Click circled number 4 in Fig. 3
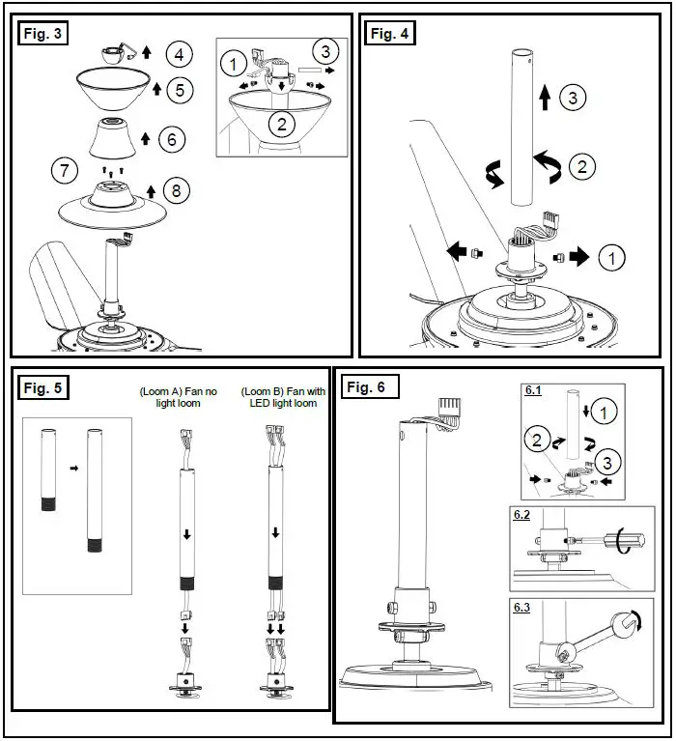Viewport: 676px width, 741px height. [x=180, y=53]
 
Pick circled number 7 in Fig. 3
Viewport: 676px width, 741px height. [x=65, y=173]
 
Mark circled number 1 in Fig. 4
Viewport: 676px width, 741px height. [x=612, y=258]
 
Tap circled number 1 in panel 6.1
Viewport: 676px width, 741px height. [x=603, y=413]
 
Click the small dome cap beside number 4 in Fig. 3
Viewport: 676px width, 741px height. [x=113, y=53]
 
